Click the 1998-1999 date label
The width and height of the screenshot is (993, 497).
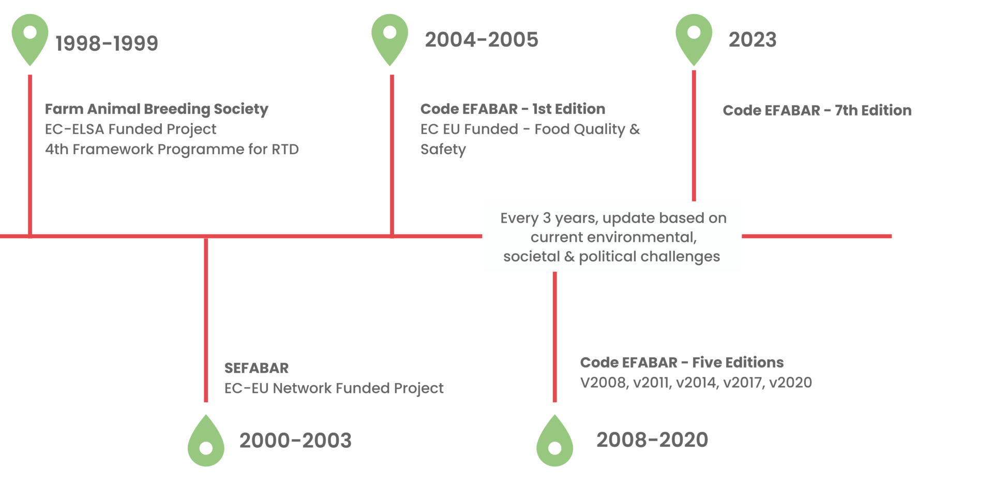pos(107,43)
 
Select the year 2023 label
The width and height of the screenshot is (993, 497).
pos(753,40)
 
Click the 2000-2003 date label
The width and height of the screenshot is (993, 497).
pos(295,441)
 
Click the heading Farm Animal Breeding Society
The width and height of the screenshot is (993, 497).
pos(157,109)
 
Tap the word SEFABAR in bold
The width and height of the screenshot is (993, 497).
pos(257,368)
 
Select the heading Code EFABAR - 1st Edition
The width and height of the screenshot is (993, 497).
pos(513,109)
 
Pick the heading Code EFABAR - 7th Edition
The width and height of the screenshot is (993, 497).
pos(817,110)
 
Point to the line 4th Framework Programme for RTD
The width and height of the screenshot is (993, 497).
pos(172,150)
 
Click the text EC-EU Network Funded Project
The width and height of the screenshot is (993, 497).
pos(334,388)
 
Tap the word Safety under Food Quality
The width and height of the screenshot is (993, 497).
pos(443,150)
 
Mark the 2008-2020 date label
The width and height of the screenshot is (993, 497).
pos(652,440)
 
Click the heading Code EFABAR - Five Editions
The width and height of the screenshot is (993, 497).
pos(682,362)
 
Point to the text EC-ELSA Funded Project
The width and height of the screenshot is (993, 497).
pos(130,129)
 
